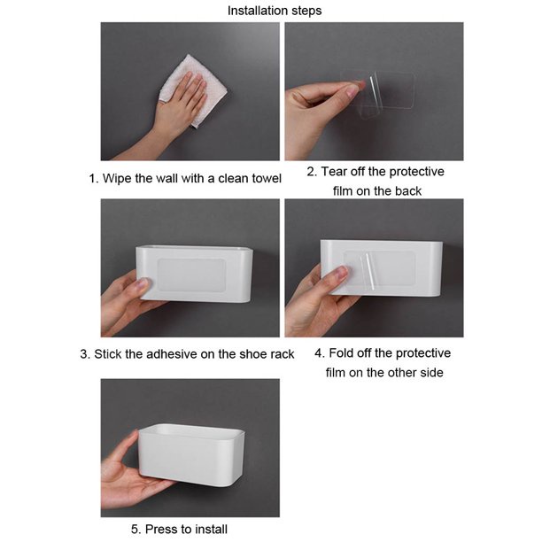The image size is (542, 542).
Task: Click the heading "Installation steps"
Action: tap(275, 11)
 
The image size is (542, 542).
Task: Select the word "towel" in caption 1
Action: tap(267, 178)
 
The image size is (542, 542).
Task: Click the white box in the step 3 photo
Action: tap(194, 274)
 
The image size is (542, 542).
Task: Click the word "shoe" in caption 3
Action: tap(250, 354)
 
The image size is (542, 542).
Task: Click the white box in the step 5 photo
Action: tap(191, 455)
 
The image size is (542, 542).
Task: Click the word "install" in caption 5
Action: tap(213, 530)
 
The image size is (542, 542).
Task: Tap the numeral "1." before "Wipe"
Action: tap(94, 178)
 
